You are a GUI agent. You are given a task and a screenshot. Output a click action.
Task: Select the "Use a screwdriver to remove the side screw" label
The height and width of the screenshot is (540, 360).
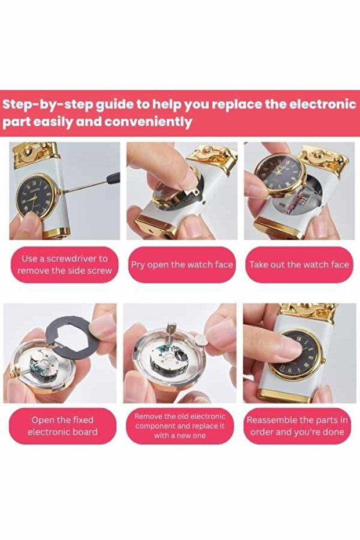tap(64, 264)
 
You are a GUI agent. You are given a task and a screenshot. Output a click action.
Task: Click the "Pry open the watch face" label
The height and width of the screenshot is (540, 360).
tap(181, 265)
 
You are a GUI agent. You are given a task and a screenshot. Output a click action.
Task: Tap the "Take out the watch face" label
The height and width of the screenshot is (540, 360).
tap(299, 265)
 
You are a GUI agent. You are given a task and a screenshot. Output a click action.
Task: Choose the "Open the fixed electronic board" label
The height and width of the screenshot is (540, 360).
tap(63, 426)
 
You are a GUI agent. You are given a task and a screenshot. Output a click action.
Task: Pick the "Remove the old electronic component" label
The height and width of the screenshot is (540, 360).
tap(180, 426)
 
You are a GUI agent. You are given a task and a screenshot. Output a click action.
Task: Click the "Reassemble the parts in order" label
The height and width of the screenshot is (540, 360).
tap(297, 426)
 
